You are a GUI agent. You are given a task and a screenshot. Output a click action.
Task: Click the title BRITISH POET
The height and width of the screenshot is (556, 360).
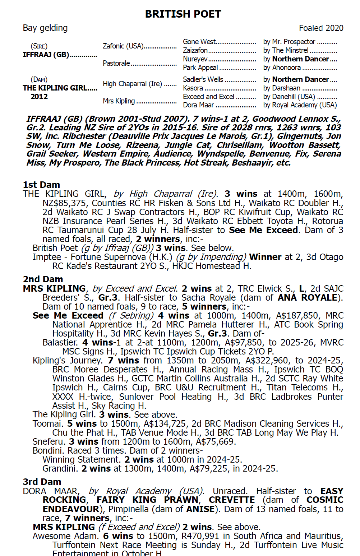pyautogui.click(x=183, y=14)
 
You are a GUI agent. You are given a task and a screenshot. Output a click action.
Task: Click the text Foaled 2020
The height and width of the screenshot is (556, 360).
pyautogui.click(x=321, y=28)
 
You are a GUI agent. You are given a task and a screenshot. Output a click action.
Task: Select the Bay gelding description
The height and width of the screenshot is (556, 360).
pyautogui.click(x=45, y=28)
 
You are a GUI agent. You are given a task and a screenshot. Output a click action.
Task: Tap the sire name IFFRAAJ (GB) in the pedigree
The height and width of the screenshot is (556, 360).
pyautogui.click(x=46, y=55)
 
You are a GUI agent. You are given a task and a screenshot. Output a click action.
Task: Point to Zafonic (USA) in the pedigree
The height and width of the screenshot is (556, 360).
pyautogui.click(x=123, y=46)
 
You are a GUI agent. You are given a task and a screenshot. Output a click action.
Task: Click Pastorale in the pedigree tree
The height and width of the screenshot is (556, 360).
pyautogui.click(x=116, y=64)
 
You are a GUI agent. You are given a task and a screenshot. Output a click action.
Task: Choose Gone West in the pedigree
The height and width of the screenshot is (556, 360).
pyautogui.click(x=199, y=42)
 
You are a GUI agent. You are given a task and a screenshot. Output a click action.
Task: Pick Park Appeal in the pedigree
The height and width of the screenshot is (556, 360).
pyautogui.click(x=200, y=68)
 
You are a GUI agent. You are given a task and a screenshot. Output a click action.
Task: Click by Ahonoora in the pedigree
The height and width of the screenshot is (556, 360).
pyautogui.click(x=282, y=68)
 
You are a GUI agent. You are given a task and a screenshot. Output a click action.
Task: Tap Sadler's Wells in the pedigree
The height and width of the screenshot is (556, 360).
pyautogui.click(x=203, y=80)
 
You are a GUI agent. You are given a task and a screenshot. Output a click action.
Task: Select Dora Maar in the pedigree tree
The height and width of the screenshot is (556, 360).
pyautogui.click(x=198, y=105)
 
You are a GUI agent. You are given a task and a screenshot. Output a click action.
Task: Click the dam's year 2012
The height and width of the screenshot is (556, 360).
pyautogui.click(x=39, y=97)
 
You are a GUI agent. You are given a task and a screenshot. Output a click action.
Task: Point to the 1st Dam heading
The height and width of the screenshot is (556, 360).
pyautogui.click(x=41, y=185)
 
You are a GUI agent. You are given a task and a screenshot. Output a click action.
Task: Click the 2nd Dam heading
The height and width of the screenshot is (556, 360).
pyautogui.click(x=43, y=279)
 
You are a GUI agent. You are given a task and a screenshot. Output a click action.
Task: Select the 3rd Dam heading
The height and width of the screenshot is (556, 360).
pyautogui.click(x=42, y=482)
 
